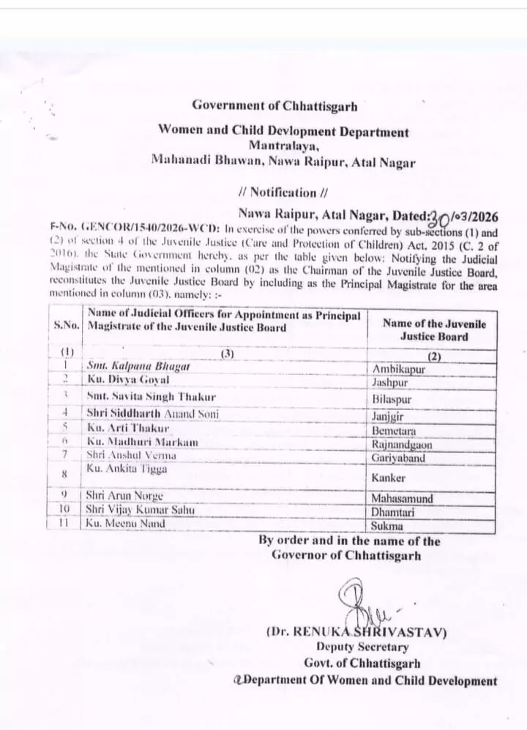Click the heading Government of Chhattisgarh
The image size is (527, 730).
(x=274, y=107)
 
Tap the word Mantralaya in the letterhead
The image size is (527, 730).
(x=283, y=145)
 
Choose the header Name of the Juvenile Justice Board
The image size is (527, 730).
(x=433, y=330)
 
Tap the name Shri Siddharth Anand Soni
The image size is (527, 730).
(x=152, y=414)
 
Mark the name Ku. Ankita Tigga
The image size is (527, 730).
(x=127, y=469)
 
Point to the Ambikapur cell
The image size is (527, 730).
(x=399, y=370)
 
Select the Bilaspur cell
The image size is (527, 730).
(x=392, y=401)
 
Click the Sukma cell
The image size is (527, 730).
(x=388, y=526)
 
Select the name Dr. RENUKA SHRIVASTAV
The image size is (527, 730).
(x=356, y=631)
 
